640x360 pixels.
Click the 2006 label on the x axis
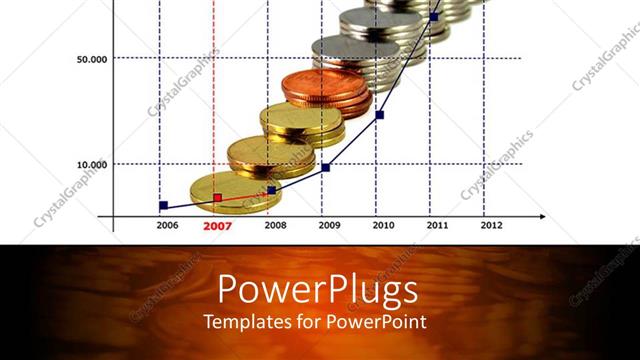[x=167, y=226]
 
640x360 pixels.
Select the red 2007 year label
[x=217, y=226]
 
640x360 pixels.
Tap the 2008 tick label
[x=275, y=226]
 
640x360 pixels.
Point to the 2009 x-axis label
[x=329, y=226]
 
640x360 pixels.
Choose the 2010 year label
[x=383, y=226]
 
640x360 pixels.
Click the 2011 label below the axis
[x=437, y=226]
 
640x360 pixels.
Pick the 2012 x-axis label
[x=491, y=226]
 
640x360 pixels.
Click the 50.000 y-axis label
[x=92, y=59]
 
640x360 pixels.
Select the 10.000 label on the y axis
[x=92, y=164]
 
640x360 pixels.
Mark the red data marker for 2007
[x=218, y=198]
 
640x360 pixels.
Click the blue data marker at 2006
[x=164, y=205]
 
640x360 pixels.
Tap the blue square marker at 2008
[x=272, y=190]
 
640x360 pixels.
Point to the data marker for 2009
[x=326, y=167]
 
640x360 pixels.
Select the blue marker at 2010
[x=380, y=114]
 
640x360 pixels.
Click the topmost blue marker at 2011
[x=434, y=16]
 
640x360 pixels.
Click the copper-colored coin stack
[x=323, y=90]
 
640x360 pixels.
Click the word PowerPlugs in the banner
[x=317, y=290]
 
